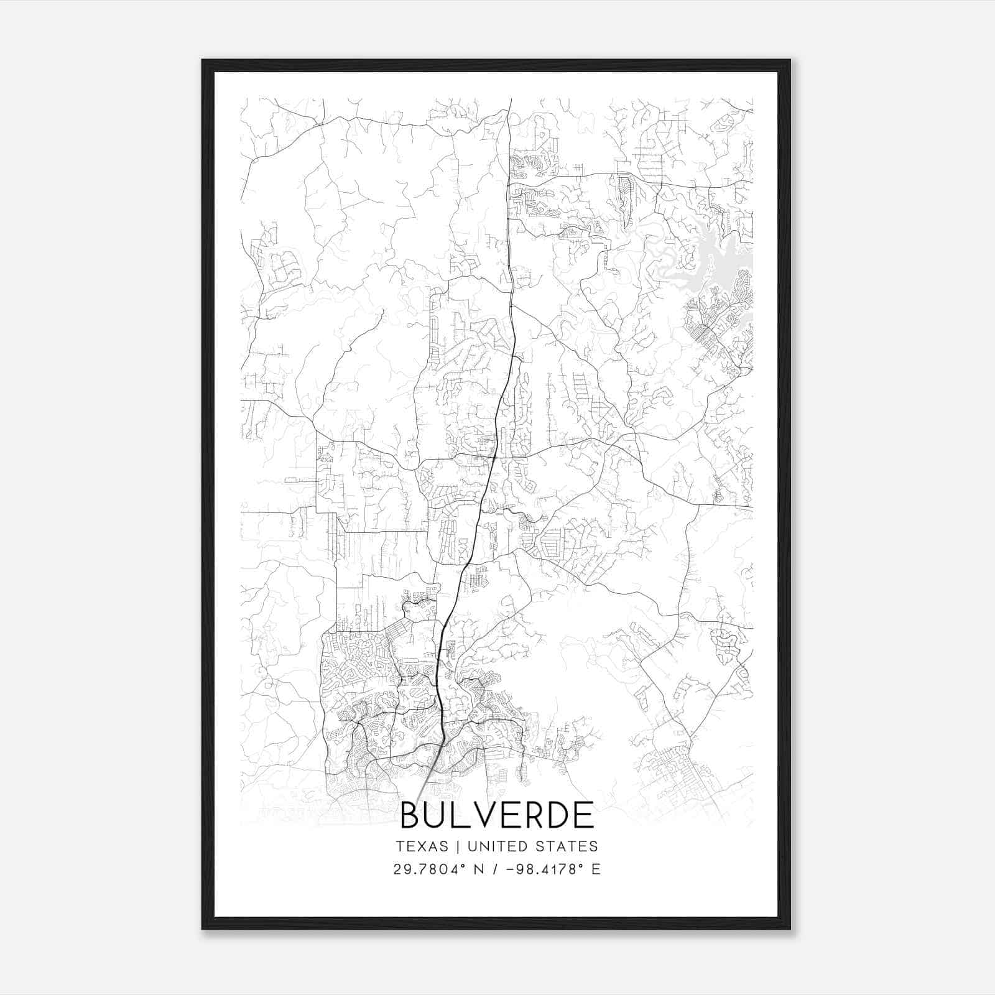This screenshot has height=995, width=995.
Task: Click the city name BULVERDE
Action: point(497,815)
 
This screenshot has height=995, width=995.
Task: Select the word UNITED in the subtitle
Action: point(497,846)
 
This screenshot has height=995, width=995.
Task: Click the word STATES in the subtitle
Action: point(568,846)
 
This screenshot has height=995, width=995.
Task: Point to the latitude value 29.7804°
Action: point(429,869)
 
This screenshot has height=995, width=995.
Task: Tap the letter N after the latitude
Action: point(479,869)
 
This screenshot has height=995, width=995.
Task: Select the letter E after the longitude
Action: point(596,869)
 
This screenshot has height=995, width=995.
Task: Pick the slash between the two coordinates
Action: point(495,869)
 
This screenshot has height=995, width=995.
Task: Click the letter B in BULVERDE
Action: point(411,815)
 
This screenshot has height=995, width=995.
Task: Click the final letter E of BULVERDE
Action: point(584,815)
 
